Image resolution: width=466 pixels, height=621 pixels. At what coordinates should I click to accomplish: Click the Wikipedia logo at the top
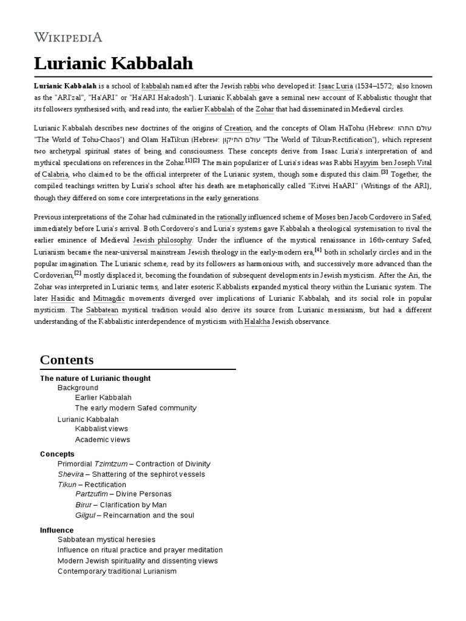click(68, 37)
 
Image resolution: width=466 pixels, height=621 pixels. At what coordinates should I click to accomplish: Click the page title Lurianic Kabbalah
click(113, 63)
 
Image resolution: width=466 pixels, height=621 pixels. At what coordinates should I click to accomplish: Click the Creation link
click(237, 129)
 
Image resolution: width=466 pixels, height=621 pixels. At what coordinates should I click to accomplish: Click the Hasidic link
click(62, 298)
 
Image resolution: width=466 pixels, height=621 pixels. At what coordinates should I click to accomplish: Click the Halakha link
click(257, 321)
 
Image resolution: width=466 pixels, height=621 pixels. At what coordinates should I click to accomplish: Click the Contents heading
click(67, 360)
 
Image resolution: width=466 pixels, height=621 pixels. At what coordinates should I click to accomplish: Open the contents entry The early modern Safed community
click(135, 408)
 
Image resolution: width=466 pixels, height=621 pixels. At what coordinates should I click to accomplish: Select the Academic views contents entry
click(102, 440)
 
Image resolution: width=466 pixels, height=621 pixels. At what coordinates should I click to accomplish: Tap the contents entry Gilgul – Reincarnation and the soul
click(135, 515)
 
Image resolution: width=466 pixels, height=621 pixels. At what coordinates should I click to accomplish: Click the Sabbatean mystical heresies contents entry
click(106, 539)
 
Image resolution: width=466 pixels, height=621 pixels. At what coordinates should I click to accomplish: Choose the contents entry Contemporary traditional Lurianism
click(117, 571)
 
